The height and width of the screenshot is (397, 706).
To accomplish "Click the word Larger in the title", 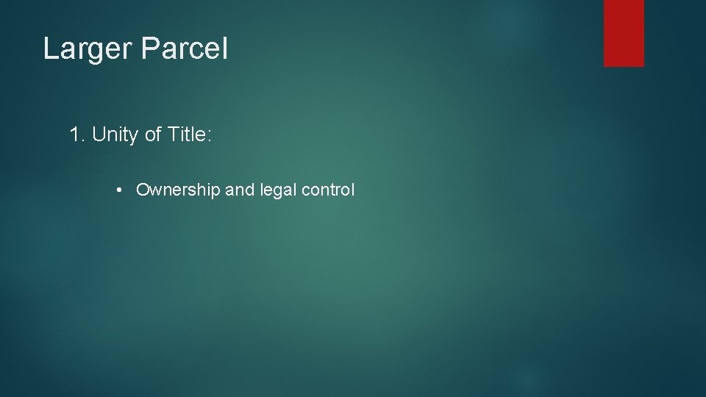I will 87,49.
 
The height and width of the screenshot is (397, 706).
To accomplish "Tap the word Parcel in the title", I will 184,49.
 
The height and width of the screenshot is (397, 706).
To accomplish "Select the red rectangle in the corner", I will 624,32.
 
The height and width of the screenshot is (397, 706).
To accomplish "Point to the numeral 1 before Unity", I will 74,135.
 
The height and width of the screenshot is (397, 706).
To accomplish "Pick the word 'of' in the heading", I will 154,135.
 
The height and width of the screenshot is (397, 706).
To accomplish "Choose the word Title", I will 188,135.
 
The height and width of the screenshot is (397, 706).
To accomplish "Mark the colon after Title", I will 209,136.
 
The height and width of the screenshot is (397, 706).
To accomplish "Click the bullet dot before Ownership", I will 119,190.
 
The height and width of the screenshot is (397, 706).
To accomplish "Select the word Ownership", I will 178,190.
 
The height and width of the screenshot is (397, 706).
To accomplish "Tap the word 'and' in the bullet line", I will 239,190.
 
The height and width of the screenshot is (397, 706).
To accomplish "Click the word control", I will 327,190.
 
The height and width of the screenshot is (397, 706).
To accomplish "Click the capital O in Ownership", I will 143,190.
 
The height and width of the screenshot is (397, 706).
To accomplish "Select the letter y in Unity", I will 133,137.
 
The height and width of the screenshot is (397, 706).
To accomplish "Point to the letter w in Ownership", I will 155,190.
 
